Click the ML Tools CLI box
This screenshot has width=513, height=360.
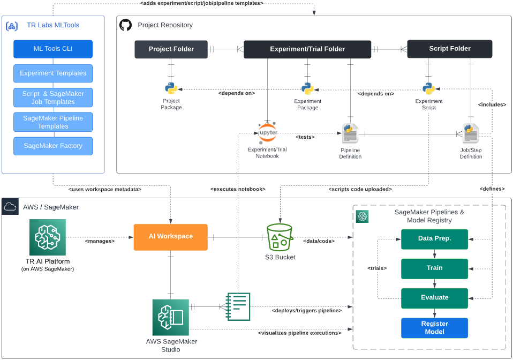pyautogui.click(x=53, y=49)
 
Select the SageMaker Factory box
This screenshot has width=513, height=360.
pyautogui.click(x=53, y=146)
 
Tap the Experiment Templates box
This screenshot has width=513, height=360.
pyautogui.click(x=53, y=73)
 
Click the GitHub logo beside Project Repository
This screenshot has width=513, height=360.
pyautogui.click(x=125, y=25)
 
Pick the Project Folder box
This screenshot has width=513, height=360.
pyautogui.click(x=171, y=49)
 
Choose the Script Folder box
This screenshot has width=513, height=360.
pyautogui.click(x=449, y=49)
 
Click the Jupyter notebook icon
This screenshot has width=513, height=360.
pyautogui.click(x=268, y=132)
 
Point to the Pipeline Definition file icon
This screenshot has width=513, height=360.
pyautogui.click(x=350, y=133)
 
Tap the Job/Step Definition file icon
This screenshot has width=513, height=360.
pyautogui.click(x=471, y=133)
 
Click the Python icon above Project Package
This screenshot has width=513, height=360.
pyautogui.click(x=171, y=89)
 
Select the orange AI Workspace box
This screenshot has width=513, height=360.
pyautogui.click(x=171, y=237)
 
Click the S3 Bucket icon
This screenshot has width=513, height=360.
pyautogui.click(x=280, y=237)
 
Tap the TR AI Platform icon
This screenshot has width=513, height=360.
pyautogui.click(x=48, y=237)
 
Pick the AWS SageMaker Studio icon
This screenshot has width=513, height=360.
pyautogui.click(x=170, y=317)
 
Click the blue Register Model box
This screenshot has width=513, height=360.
pyautogui.click(x=434, y=328)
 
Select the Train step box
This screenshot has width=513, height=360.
pyautogui.click(x=434, y=269)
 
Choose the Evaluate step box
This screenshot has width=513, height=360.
pyautogui.click(x=434, y=298)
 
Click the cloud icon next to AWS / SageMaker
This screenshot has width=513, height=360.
pyautogui.click(x=10, y=207)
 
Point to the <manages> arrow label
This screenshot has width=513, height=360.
pyautogui.click(x=100, y=241)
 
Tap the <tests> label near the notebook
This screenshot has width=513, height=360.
pyautogui.click(x=305, y=137)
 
